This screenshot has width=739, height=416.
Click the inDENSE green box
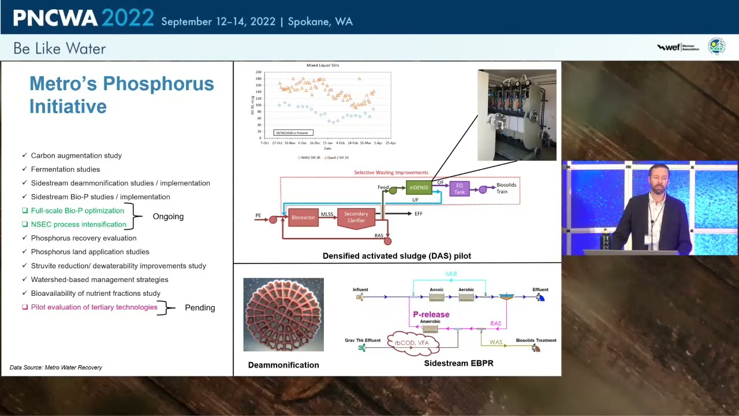pyautogui.click(x=419, y=188)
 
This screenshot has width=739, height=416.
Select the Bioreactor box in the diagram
pyautogui.click(x=303, y=217)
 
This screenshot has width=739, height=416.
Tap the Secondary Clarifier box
pyautogui.click(x=356, y=217)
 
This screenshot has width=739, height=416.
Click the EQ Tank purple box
pyautogui.click(x=459, y=189)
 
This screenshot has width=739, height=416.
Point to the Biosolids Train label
pyautogui.click(x=506, y=188)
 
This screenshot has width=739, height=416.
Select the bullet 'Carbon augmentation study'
pyautogui.click(x=76, y=155)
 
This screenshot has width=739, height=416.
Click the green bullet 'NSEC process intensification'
pyautogui.click(x=78, y=224)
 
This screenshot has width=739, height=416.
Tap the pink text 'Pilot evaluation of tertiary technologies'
pyautogui.click(x=94, y=307)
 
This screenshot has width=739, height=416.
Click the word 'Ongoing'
pyautogui.click(x=168, y=217)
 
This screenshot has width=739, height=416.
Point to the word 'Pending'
pyautogui.click(x=200, y=308)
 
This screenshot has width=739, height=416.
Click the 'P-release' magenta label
pyautogui.click(x=431, y=314)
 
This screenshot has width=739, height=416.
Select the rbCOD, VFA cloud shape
pyautogui.click(x=412, y=343)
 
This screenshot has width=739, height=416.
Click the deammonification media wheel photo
pyautogui.click(x=283, y=314)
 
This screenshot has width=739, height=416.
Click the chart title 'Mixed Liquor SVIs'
pyautogui.click(x=323, y=65)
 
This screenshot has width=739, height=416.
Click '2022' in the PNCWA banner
pyautogui.click(x=128, y=18)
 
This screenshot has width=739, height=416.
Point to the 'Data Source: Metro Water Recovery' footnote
pyautogui.click(x=56, y=367)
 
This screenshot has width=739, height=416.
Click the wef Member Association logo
pyautogui.click(x=678, y=47)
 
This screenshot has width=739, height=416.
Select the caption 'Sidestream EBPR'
pyautogui.click(x=458, y=363)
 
